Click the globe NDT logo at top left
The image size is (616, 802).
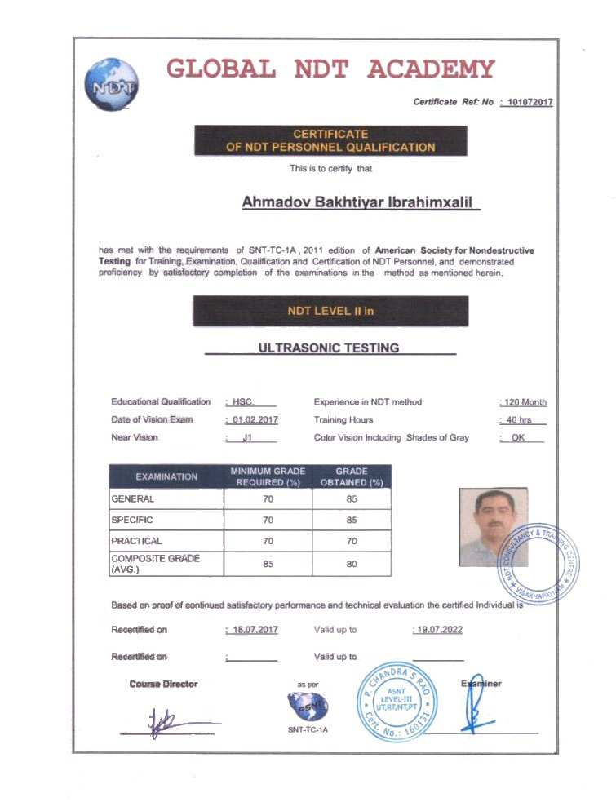click(x=111, y=84)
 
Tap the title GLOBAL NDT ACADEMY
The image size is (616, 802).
click(x=330, y=69)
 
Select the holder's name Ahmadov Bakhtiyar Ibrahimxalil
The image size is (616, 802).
click(x=361, y=202)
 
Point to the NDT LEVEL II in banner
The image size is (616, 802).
click(x=330, y=311)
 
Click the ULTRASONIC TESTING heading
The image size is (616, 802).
click(x=329, y=348)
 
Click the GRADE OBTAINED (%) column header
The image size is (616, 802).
click(x=352, y=476)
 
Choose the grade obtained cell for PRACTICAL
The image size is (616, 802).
click(x=352, y=540)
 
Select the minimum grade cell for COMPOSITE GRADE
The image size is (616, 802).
click(x=268, y=563)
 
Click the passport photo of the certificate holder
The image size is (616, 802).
click(x=493, y=527)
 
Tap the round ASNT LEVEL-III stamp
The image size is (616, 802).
click(x=398, y=699)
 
